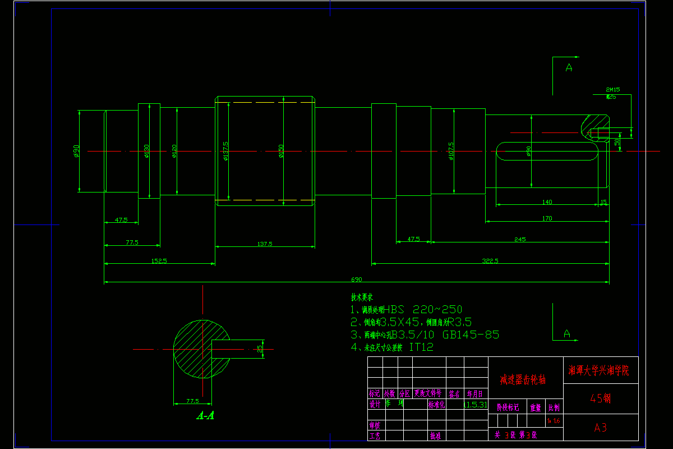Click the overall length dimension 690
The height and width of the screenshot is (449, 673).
[x=357, y=279]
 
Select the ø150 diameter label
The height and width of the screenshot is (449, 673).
[x=282, y=151]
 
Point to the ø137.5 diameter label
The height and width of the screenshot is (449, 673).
[x=225, y=151]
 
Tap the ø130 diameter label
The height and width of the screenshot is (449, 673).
[x=147, y=151]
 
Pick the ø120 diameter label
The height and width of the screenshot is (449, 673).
[x=174, y=151]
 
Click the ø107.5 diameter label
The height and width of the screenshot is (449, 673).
[x=451, y=151]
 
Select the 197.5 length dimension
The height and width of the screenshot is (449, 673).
[x=265, y=244]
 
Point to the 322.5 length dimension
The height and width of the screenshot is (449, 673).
[x=490, y=260]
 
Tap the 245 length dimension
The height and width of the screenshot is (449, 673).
[x=520, y=239]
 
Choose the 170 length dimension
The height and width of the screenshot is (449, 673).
[x=547, y=218]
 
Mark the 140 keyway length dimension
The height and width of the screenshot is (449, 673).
[x=547, y=201]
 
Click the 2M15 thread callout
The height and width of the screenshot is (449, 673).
[x=612, y=89]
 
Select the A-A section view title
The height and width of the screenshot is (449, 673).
[x=205, y=416]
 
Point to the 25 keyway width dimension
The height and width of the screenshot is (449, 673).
[x=260, y=349]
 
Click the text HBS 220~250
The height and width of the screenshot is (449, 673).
[x=422, y=309]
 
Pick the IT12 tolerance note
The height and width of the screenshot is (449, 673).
[x=421, y=347]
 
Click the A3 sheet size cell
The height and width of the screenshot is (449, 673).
[x=600, y=428]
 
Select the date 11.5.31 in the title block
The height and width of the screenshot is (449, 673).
[x=476, y=404]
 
